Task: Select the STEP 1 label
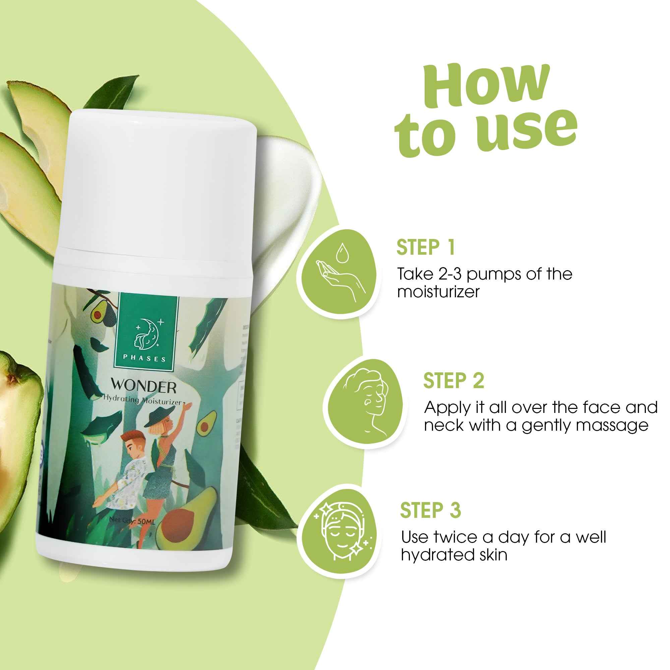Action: pos(425,248)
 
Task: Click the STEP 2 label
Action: pos(453,381)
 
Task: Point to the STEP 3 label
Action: pos(430,510)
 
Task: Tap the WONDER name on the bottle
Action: pos(143,386)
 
